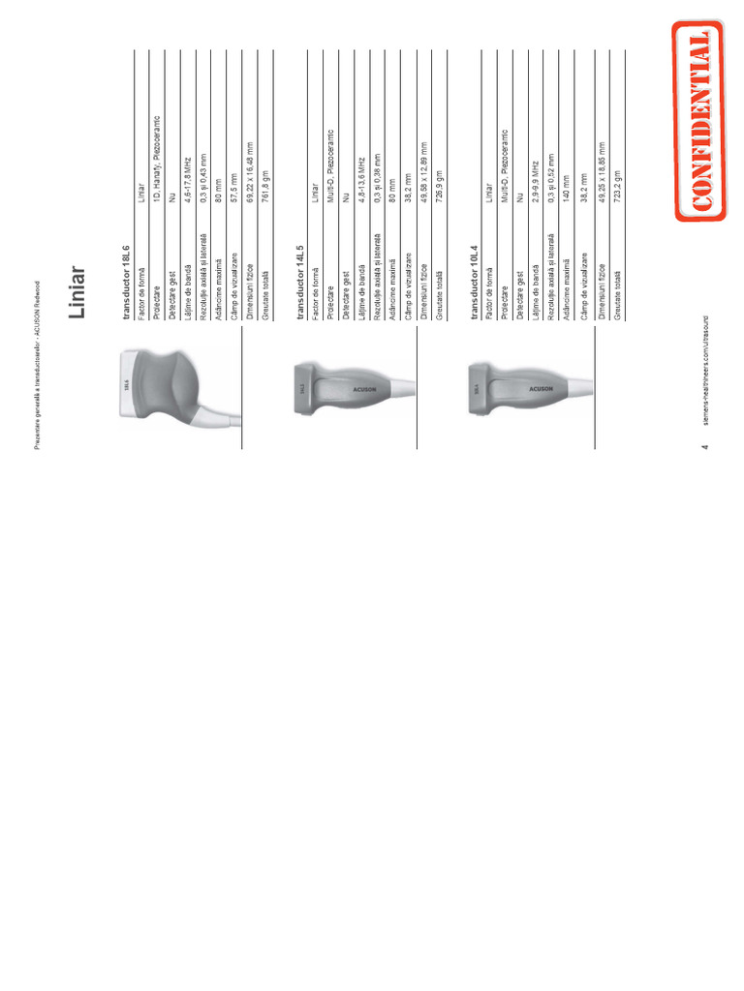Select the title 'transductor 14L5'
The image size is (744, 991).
click(300, 281)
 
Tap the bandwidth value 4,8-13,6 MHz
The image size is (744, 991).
click(360, 180)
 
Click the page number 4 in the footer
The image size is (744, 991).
click(705, 446)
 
